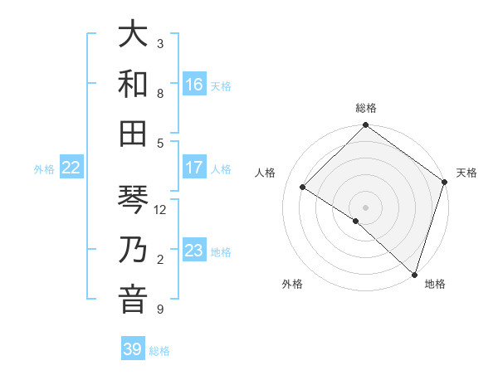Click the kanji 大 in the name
pyautogui.click(x=132, y=34)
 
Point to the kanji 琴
pyautogui.click(x=132, y=199)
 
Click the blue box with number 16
pyautogui.click(x=194, y=85)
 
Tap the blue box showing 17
pyautogui.click(x=194, y=168)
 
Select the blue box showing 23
pyautogui.click(x=194, y=251)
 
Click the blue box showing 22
pyautogui.click(x=71, y=168)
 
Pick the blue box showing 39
pyautogui.click(x=133, y=349)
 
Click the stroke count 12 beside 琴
pyautogui.click(x=160, y=210)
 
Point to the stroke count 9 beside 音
pyautogui.click(x=160, y=310)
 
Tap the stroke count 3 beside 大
pyautogui.click(x=160, y=43)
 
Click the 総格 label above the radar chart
pyautogui.click(x=366, y=108)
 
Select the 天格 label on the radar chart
pyautogui.click(x=466, y=173)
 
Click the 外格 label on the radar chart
pyautogui.click(x=292, y=284)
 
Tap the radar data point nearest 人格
pyautogui.click(x=303, y=187)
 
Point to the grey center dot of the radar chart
pyautogui.click(x=365, y=207)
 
